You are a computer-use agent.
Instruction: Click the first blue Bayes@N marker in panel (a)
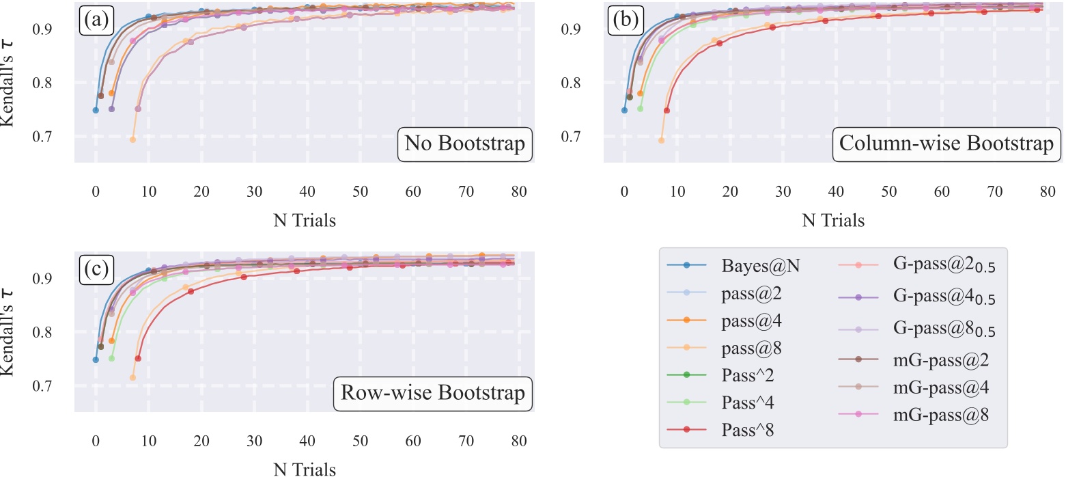96,110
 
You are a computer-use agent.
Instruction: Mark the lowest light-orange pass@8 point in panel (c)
132,377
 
